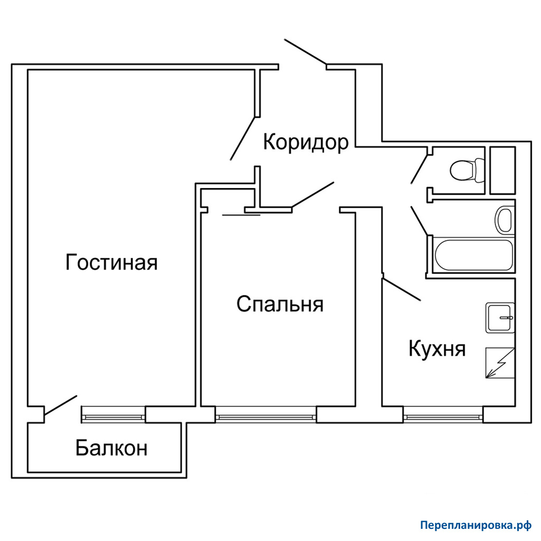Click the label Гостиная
coord(111,263)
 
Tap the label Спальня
coord(280,304)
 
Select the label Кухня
coord(437,349)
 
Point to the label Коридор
coord(306,143)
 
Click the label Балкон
coord(111,448)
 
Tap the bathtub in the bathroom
coord(474,255)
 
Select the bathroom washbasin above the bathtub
coord(503,219)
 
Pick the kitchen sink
coord(500,318)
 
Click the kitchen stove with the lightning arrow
coord(500,363)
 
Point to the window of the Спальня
coord(266,414)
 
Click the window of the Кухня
coord(443,414)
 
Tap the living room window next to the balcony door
coord(113,414)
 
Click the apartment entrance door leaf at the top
coord(305,52)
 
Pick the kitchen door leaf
coord(402,289)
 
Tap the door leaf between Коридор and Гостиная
coord(243,139)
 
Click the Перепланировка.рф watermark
coord(476,525)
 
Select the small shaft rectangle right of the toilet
coord(503,170)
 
